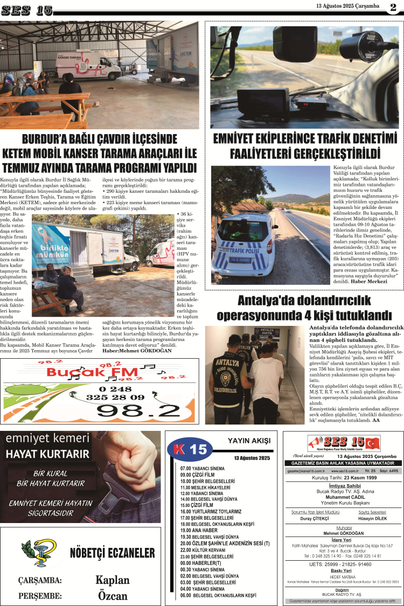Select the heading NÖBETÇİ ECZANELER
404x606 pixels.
pos(112,554)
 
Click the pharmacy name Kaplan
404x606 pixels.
pos(113,580)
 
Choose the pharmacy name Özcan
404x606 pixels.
pos(113,596)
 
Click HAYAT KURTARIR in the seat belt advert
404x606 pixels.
pos(47,454)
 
